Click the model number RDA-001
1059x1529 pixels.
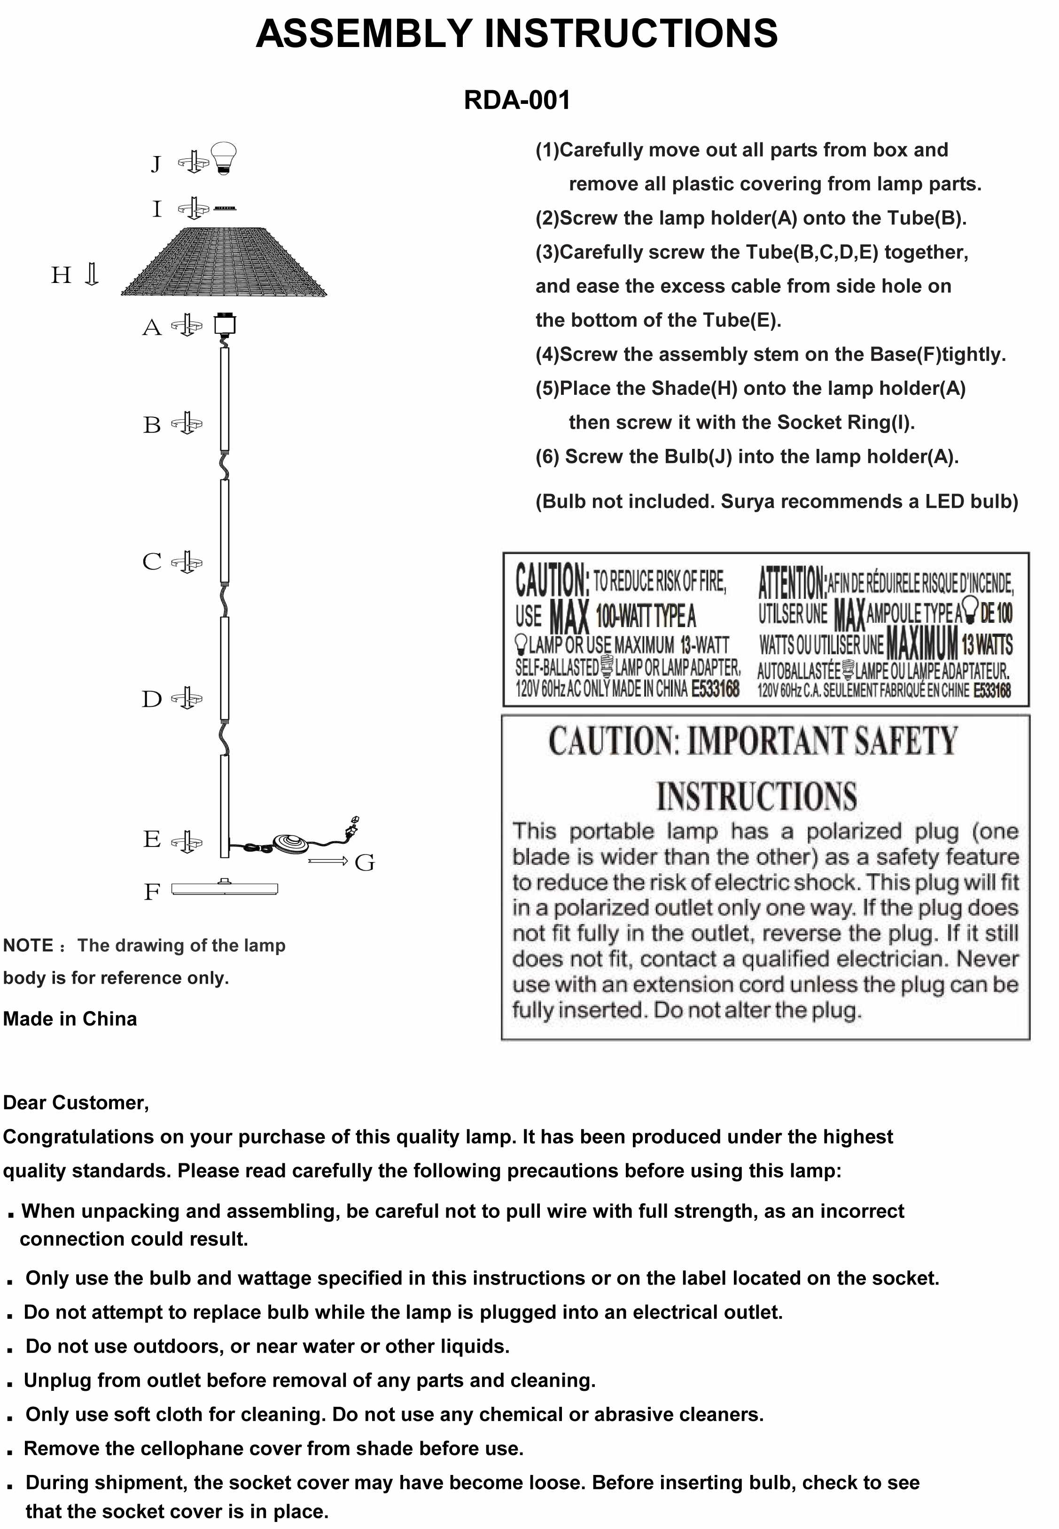click(516, 100)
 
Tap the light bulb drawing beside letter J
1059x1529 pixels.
click(224, 158)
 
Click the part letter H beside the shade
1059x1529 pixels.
click(61, 275)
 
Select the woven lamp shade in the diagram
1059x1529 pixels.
click(224, 262)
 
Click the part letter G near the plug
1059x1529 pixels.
click(364, 863)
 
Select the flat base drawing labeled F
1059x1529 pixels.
click(224, 889)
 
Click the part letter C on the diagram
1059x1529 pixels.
click(152, 561)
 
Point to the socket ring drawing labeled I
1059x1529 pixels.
click(224, 208)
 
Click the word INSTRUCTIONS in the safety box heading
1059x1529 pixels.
click(756, 796)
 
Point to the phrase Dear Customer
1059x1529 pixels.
click(76, 1102)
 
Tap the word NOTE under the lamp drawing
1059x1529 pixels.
click(28, 945)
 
